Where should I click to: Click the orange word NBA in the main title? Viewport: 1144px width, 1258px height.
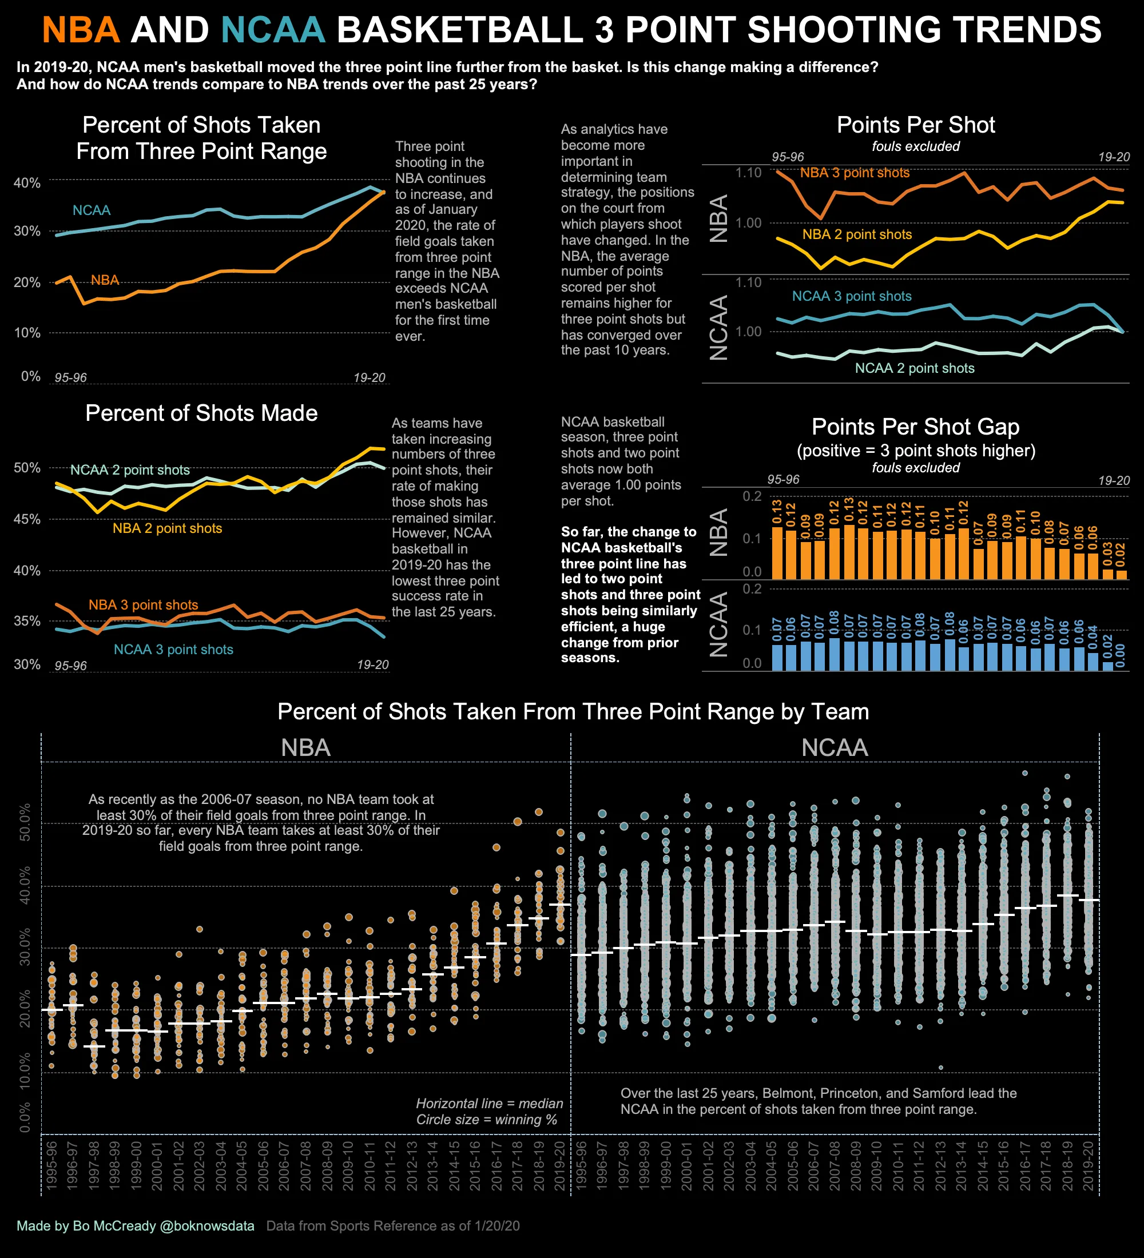(81, 30)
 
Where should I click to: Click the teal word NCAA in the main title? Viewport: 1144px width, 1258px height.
(273, 30)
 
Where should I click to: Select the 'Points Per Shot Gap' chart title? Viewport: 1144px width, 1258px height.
(915, 427)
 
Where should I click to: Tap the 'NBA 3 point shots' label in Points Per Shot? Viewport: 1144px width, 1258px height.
(855, 173)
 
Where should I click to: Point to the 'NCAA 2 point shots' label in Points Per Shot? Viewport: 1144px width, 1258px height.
(914, 368)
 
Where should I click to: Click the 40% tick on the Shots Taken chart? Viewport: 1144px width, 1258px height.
(27, 183)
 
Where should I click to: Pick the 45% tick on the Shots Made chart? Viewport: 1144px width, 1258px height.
(27, 519)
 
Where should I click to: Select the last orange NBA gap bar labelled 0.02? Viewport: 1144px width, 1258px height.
(1121, 574)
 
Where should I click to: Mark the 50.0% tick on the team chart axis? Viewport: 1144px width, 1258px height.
(25, 822)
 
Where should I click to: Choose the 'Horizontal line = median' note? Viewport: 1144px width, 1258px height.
(489, 1103)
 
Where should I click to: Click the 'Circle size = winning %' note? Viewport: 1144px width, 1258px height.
(487, 1120)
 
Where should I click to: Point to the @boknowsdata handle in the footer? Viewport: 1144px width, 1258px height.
(207, 1225)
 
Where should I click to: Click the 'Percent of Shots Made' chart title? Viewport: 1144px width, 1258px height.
(201, 413)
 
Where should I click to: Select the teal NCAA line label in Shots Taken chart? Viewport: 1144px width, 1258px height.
(91, 210)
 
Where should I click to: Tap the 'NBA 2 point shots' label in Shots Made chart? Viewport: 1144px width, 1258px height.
(167, 528)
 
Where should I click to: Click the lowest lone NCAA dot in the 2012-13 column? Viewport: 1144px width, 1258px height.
(940, 1068)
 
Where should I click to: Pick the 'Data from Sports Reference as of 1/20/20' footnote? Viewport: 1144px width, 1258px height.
(392, 1225)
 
